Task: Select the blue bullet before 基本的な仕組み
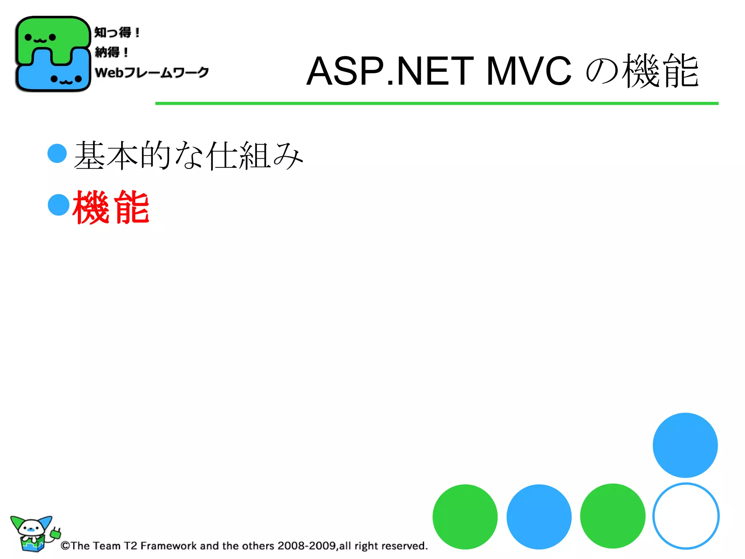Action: pos(57,153)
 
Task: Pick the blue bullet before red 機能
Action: pos(59,205)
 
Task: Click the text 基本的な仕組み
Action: pos(188,156)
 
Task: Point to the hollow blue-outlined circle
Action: pos(686,516)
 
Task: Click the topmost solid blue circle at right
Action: pos(685,445)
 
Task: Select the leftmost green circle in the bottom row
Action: pos(465,516)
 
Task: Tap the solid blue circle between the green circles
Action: pos(539,516)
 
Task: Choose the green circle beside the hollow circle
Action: pos(613,516)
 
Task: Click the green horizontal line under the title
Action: pos(437,103)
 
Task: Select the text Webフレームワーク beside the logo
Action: pos(152,72)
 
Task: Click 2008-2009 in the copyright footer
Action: pos(306,546)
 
